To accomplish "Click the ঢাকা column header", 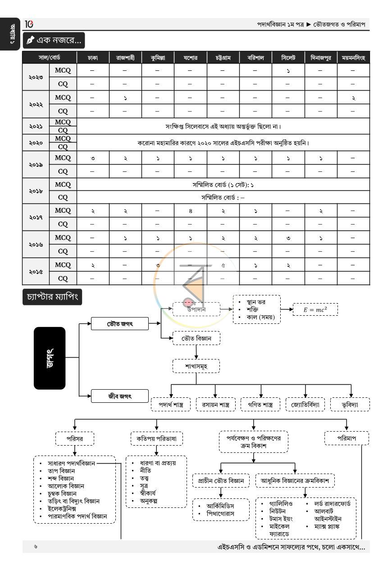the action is coord(93,58).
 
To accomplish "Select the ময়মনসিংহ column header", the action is coord(353,58).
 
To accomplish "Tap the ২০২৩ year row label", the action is coord(36,77).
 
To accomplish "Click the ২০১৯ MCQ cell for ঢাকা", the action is coord(93,158).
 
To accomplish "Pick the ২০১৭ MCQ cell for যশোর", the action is coord(191,211).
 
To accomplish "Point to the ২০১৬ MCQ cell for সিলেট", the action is coord(288,238).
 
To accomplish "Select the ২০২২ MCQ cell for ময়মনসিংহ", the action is coord(353,97).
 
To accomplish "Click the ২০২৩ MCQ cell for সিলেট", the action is coord(288,70).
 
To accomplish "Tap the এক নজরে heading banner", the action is coord(54,40).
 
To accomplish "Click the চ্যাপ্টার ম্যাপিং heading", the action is coord(52,297).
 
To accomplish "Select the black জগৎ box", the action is coord(50,358).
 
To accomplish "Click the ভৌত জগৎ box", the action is coord(120,323).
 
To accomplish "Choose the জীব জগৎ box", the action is coord(120,396).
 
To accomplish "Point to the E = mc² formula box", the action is coord(315,309).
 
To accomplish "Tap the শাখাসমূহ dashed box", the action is coord(196,366).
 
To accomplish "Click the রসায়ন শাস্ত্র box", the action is coord(215,404).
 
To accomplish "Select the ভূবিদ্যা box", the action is coord(350,404).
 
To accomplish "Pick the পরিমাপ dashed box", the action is coord(346,438).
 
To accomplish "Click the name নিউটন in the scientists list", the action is coord(278,511).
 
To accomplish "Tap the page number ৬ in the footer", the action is coord(36,546).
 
